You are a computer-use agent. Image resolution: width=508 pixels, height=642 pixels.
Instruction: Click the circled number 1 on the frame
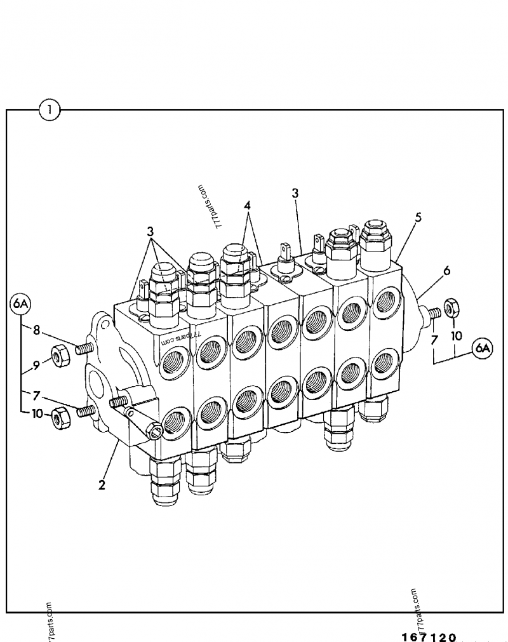point(49,110)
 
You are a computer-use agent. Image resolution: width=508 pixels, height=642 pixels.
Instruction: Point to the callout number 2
point(101,485)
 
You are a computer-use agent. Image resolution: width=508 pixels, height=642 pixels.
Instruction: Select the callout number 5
point(418,218)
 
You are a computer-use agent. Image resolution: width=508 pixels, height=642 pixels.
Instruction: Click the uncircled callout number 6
point(447,271)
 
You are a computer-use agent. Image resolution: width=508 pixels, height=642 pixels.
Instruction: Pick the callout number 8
point(37,330)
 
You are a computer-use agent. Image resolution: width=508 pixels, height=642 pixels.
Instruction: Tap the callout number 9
point(37,364)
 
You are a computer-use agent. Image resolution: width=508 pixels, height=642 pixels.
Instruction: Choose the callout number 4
point(247,206)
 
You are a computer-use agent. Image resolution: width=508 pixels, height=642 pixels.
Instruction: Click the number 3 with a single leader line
point(295,193)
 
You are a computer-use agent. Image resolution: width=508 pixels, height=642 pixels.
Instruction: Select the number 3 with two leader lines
point(150,231)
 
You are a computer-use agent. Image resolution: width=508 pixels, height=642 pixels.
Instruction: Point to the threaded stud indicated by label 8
point(84,348)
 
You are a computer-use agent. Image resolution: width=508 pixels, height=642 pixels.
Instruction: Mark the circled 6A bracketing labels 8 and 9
point(20,305)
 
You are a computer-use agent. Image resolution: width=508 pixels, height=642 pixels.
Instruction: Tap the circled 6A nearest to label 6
point(483,347)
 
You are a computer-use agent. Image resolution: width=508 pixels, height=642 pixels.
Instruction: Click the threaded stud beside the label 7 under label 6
point(434,312)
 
